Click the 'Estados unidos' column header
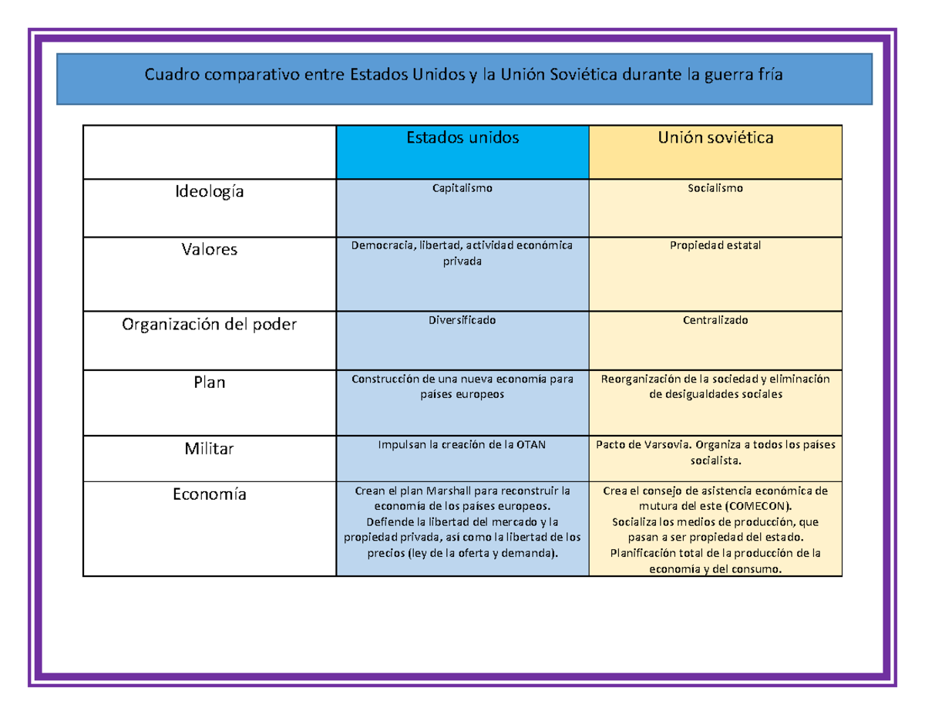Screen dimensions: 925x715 [462, 137]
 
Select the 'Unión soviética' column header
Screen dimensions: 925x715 [715, 137]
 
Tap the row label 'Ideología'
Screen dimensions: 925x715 [210, 192]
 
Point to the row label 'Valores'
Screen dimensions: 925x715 [210, 249]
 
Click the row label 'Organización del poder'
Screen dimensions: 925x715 [210, 325]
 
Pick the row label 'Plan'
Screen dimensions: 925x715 [210, 382]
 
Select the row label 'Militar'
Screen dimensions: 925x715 [210, 448]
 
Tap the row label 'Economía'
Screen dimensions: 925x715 [210, 494]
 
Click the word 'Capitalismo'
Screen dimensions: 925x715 [462, 188]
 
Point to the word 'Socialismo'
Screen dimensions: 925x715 [715, 187]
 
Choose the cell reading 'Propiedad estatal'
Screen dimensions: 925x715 [715, 245]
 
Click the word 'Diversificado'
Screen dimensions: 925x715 [462, 320]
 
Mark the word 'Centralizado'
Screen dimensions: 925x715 [715, 320]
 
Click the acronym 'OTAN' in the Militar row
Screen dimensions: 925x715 [531, 444]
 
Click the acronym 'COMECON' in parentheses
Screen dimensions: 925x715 [757, 506]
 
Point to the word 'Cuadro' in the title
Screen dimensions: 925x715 [172, 75]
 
